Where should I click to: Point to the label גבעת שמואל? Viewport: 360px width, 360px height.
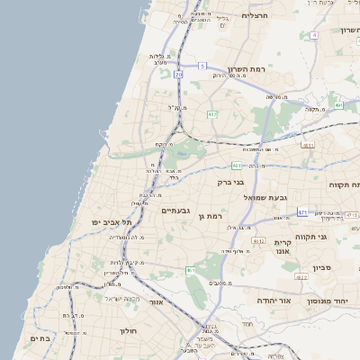264,196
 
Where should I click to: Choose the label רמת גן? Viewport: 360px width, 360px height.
212,216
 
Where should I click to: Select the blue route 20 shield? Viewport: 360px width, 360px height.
179,75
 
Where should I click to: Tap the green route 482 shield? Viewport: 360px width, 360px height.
211,114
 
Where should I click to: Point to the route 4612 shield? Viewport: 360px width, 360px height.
258,241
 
